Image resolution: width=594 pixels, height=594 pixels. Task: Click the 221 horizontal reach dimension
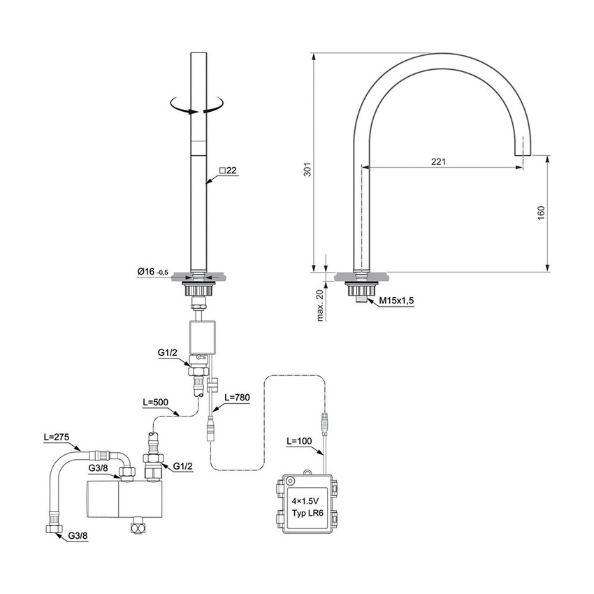438,161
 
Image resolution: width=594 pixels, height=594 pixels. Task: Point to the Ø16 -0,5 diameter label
150,271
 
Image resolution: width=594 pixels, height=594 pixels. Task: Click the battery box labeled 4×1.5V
307,504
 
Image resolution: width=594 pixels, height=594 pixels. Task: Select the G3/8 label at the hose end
78,537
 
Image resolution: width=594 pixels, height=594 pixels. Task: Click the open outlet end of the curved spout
522,151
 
